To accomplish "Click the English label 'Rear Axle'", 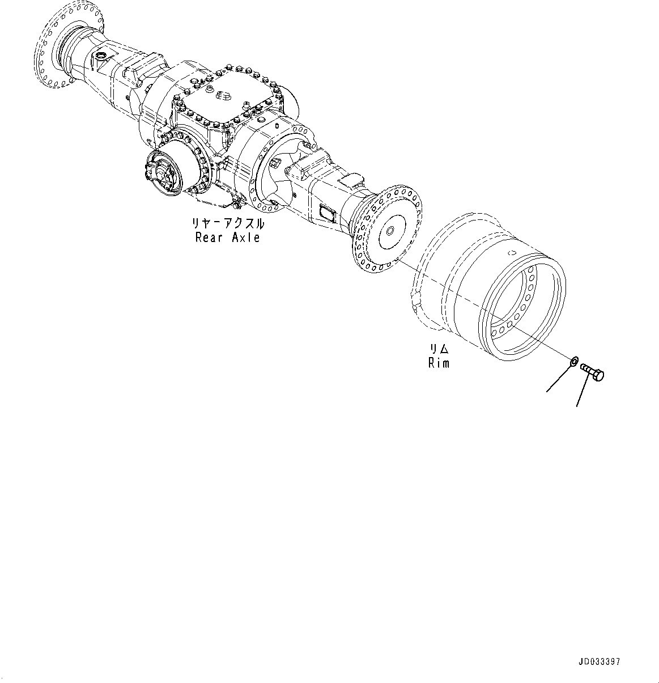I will click(x=227, y=238).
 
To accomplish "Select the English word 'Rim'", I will click(x=439, y=363).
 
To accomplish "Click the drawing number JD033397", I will click(x=600, y=661).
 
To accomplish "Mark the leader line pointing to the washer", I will click(x=558, y=380).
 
